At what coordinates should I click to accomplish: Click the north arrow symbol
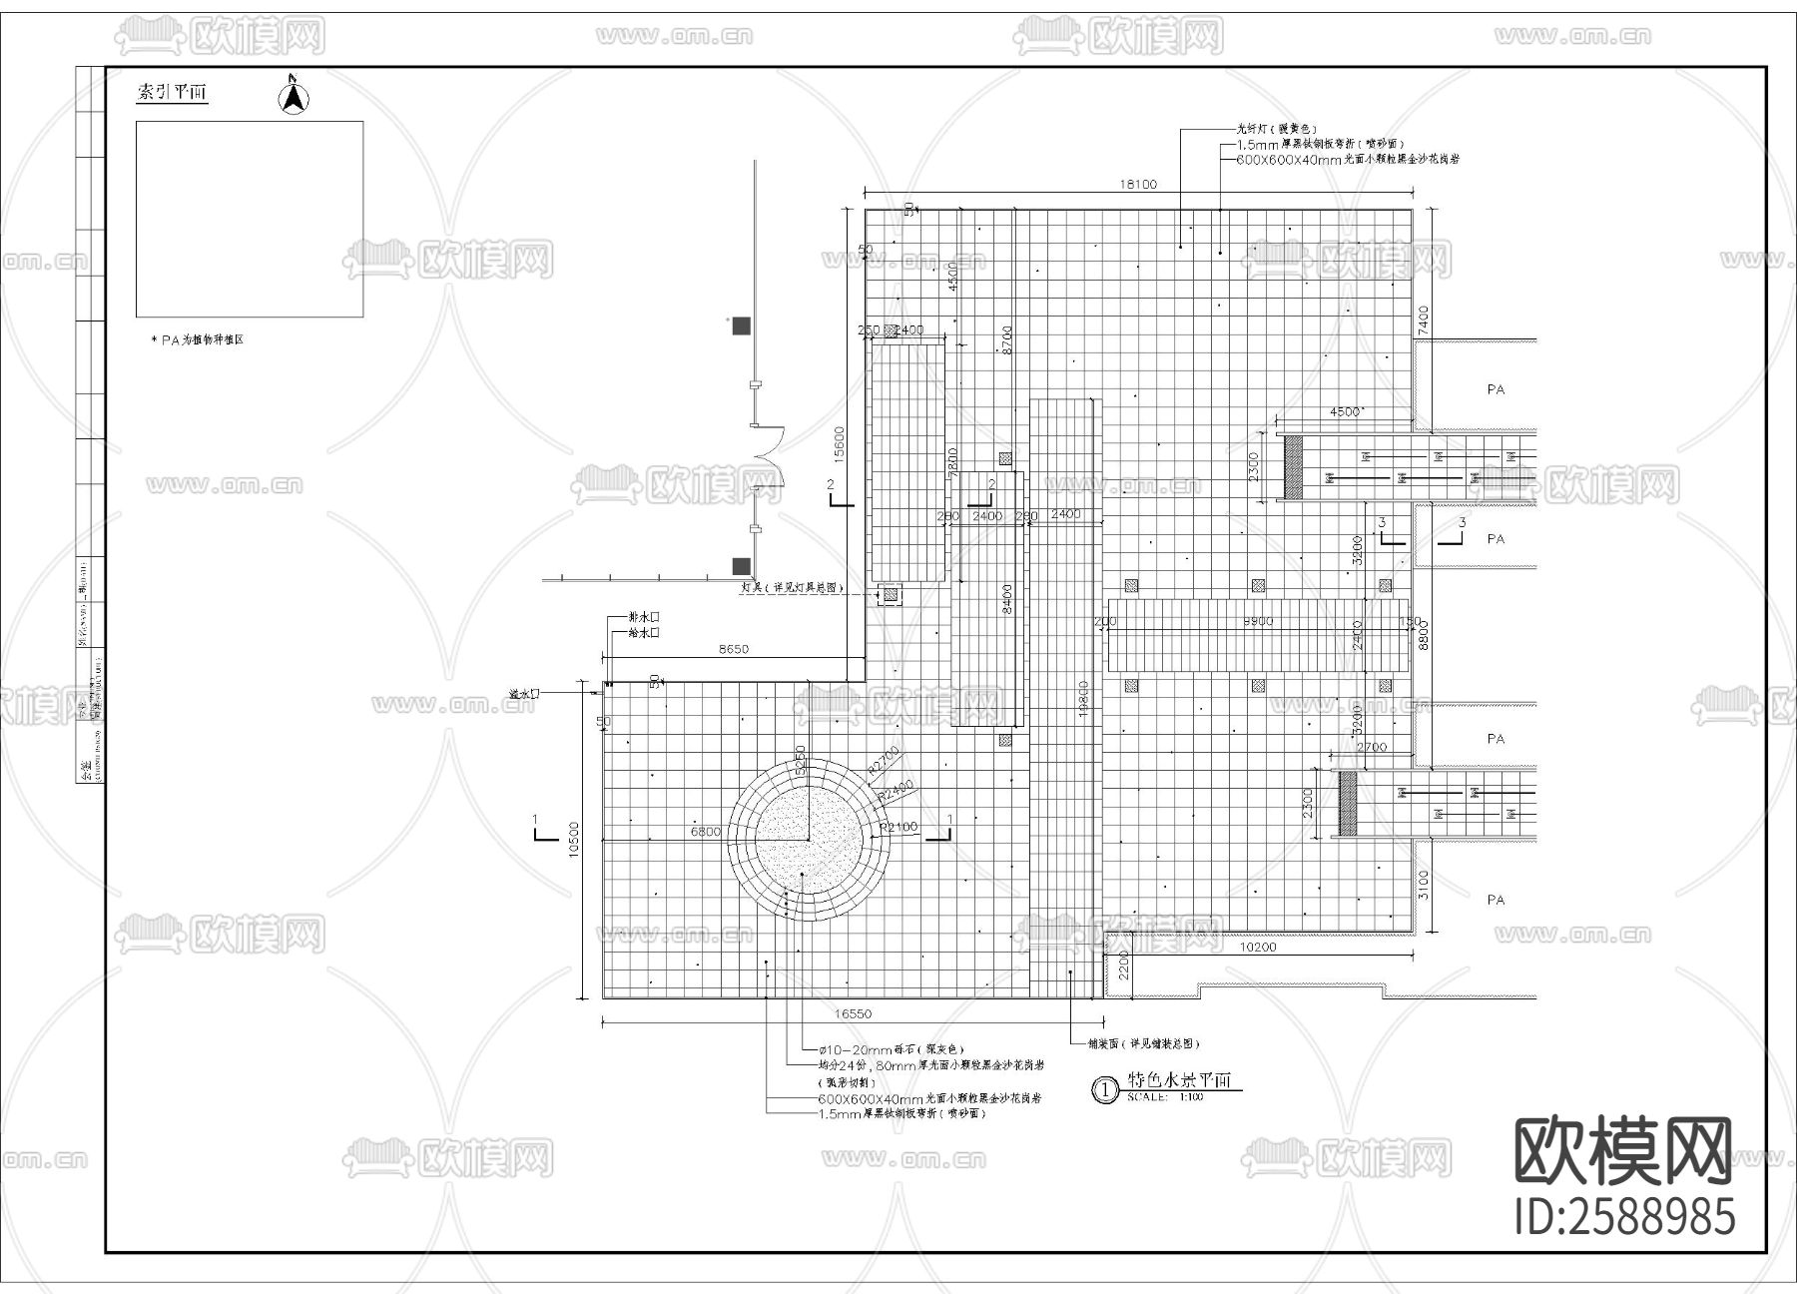tap(293, 96)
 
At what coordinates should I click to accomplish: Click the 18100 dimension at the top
tap(1138, 184)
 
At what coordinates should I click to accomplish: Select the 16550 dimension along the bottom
tap(853, 1013)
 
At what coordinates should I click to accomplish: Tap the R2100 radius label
tap(898, 827)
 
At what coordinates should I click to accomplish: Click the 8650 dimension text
tap(733, 649)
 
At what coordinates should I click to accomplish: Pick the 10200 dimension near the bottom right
tap(1257, 948)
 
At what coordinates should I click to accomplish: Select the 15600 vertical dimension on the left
tap(840, 444)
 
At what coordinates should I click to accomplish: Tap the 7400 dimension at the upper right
tap(1424, 320)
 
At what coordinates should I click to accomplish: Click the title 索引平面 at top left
tap(172, 93)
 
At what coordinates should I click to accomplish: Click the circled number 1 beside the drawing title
tap(1105, 1090)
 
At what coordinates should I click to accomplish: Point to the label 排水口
tap(644, 617)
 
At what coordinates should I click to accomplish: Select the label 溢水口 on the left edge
tap(523, 692)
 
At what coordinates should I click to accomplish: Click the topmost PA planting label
tap(1495, 389)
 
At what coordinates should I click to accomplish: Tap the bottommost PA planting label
tap(1495, 900)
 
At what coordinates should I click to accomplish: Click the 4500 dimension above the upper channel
tap(1345, 411)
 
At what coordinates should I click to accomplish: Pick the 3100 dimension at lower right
tap(1424, 884)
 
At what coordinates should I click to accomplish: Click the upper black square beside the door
tap(741, 325)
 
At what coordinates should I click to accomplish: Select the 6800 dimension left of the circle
tap(705, 831)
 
